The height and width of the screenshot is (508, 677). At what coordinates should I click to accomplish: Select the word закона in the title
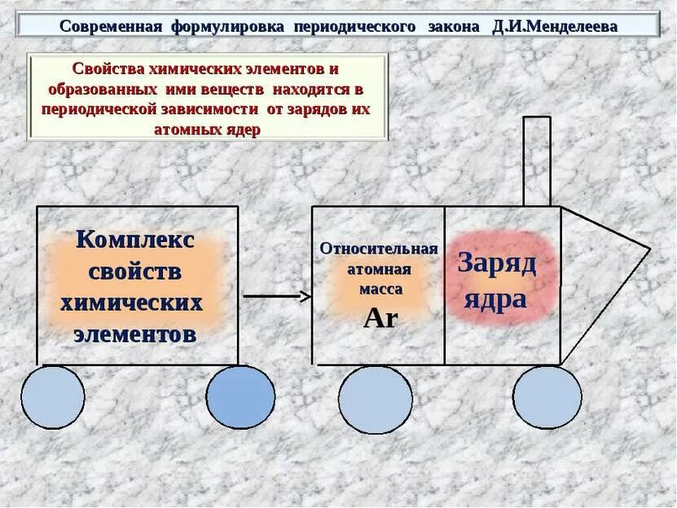point(454,26)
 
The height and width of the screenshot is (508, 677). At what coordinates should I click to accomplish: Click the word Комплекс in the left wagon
point(135,241)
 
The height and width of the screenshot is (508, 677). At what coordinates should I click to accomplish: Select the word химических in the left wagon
point(132,303)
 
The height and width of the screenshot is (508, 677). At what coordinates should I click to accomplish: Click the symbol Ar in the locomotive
point(380,318)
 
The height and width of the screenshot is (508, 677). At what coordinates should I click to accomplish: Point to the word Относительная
point(379,249)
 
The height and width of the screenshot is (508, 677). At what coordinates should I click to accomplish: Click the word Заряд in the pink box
point(497,263)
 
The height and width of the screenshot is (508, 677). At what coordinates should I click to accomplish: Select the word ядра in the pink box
point(495,300)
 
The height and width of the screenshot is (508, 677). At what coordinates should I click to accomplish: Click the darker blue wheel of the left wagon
point(240,397)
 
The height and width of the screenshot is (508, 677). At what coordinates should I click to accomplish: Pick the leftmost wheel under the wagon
point(53,397)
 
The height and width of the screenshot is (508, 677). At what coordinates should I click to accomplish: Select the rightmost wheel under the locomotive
point(547,397)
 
